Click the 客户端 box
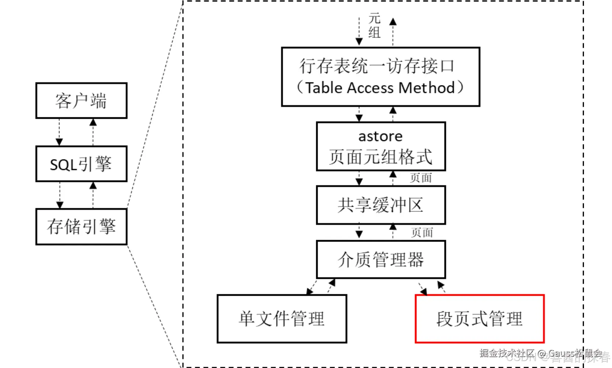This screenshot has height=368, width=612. coord(81,100)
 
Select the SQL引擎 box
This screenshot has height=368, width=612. coord(81,164)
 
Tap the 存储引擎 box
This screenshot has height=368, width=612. coord(81,226)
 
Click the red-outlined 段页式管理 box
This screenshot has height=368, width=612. coord(480,319)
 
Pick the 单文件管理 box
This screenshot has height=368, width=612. coord(282,319)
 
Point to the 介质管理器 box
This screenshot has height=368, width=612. coord(381,259)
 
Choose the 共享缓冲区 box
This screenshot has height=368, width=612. coord(381,205)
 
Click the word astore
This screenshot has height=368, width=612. coord(380,136)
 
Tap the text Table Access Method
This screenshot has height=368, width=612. coord(380,88)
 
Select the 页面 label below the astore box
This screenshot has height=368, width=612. coord(421,178)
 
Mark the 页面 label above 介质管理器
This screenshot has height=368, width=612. coord(422,232)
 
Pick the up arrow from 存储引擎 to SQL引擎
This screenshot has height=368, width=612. coord(93,195)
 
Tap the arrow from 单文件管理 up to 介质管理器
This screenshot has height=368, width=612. coord(331,286)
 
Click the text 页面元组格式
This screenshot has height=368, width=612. coord(380,157)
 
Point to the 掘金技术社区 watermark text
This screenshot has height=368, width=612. coord(507,353)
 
